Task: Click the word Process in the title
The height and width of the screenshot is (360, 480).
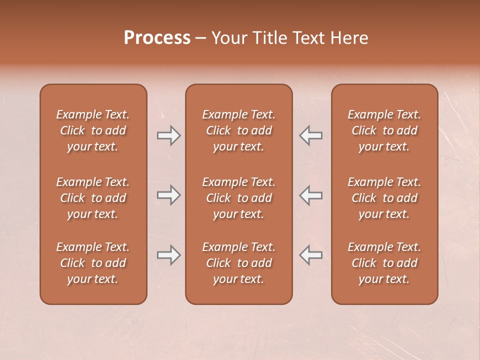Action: [x=157, y=38]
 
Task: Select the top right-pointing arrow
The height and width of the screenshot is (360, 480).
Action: [x=169, y=135]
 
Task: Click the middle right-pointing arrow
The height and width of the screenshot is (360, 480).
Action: [x=169, y=195]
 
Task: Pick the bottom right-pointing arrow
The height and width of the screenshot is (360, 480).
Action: [x=169, y=255]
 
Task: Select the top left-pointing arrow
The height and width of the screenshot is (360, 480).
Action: [x=311, y=135]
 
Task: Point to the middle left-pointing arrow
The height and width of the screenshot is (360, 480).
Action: [x=311, y=195]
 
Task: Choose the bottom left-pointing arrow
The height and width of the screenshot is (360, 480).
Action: [x=311, y=255]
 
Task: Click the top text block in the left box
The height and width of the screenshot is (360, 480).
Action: [x=93, y=130]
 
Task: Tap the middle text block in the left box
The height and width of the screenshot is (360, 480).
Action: [x=93, y=198]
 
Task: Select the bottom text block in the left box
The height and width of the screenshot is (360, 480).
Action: [x=93, y=263]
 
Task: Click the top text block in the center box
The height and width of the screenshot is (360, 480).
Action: [x=239, y=130]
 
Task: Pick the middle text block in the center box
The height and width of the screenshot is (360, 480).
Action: [x=239, y=198]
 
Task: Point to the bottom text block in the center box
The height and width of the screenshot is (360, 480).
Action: [x=239, y=263]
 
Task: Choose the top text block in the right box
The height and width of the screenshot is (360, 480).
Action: [x=384, y=130]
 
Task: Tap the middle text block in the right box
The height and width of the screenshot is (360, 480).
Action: [x=384, y=198]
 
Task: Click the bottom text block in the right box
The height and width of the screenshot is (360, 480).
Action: [x=384, y=263]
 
